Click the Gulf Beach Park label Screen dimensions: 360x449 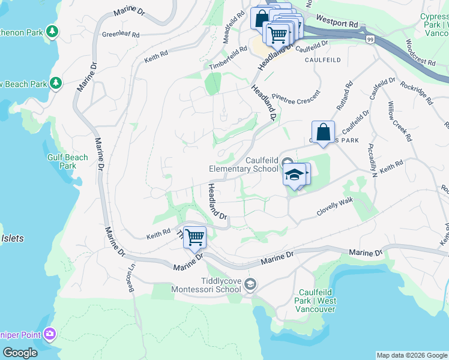coord(68,161)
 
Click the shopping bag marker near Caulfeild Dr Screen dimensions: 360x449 coord(323,132)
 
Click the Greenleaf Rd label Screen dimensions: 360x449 coord(121,35)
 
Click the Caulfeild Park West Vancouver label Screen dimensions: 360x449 coord(316,301)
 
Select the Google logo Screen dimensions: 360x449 coord(20,353)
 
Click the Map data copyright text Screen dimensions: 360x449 coord(411,355)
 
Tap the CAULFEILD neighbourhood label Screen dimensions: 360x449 coord(322,60)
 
